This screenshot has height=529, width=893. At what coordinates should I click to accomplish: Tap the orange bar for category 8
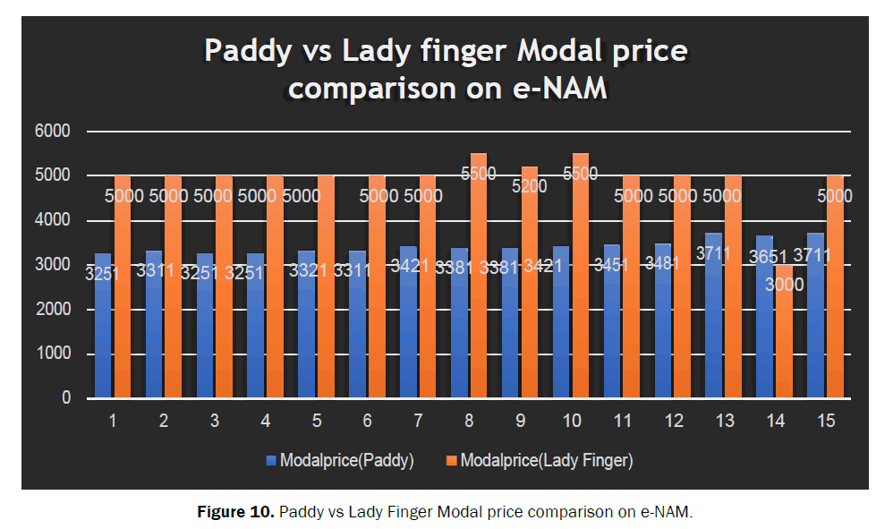[479, 286]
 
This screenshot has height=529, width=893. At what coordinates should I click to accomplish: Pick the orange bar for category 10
[581, 286]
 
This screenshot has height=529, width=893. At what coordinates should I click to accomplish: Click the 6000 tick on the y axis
[53, 132]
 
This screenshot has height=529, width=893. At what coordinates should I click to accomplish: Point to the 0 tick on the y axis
[65, 398]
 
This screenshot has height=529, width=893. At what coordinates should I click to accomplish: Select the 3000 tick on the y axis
[53, 265]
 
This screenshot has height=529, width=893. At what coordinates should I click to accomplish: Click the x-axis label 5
[317, 419]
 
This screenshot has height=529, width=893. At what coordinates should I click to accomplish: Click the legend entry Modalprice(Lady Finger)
[546, 461]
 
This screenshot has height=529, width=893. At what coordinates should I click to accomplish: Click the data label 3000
[785, 285]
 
